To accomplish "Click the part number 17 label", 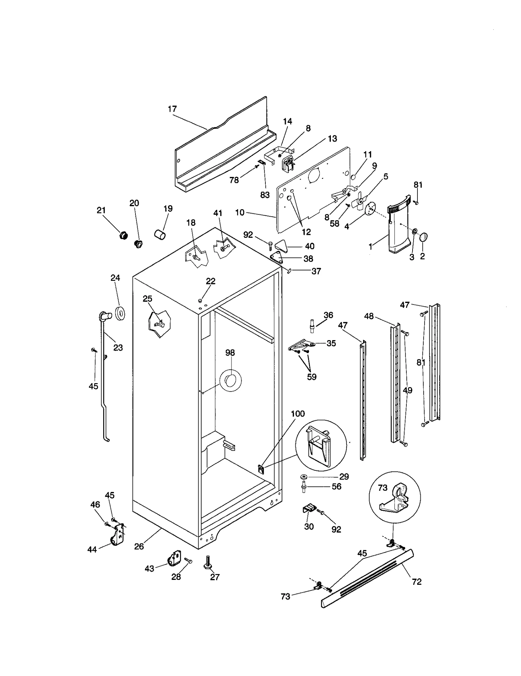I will click(x=172, y=109).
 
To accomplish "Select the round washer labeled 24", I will click(x=120, y=314).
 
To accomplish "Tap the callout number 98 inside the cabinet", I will click(x=230, y=352).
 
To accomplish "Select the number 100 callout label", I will click(x=298, y=414).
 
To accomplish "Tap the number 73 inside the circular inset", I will click(x=383, y=487).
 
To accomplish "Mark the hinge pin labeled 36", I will click(x=312, y=326).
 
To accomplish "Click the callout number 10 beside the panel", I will click(x=240, y=212).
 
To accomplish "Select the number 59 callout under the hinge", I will click(x=312, y=377).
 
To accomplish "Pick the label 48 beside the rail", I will click(x=369, y=316).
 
